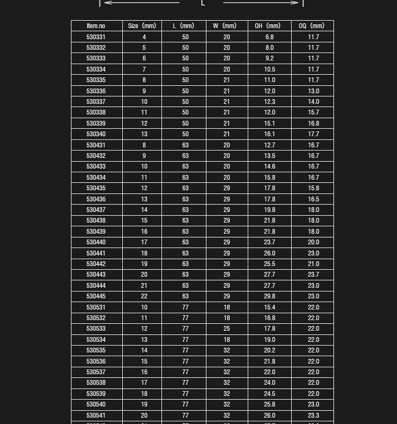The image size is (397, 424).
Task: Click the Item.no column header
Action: point(96,26)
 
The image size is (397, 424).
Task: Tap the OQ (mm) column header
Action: point(312,26)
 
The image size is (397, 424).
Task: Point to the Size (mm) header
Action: point(142,26)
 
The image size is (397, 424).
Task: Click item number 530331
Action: point(96,37)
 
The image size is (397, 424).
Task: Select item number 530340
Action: point(96,134)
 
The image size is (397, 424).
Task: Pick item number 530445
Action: point(96,296)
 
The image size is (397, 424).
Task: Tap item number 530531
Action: point(96,307)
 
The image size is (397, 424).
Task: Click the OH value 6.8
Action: point(269,37)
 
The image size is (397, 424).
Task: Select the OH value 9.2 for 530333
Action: point(269,58)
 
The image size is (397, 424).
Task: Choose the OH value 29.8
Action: point(269,296)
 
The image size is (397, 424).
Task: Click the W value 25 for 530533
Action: point(227,329)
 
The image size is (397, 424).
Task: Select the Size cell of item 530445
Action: point(144,296)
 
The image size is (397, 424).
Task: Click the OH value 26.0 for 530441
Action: point(269,253)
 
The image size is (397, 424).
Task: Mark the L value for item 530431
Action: point(185,145)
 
